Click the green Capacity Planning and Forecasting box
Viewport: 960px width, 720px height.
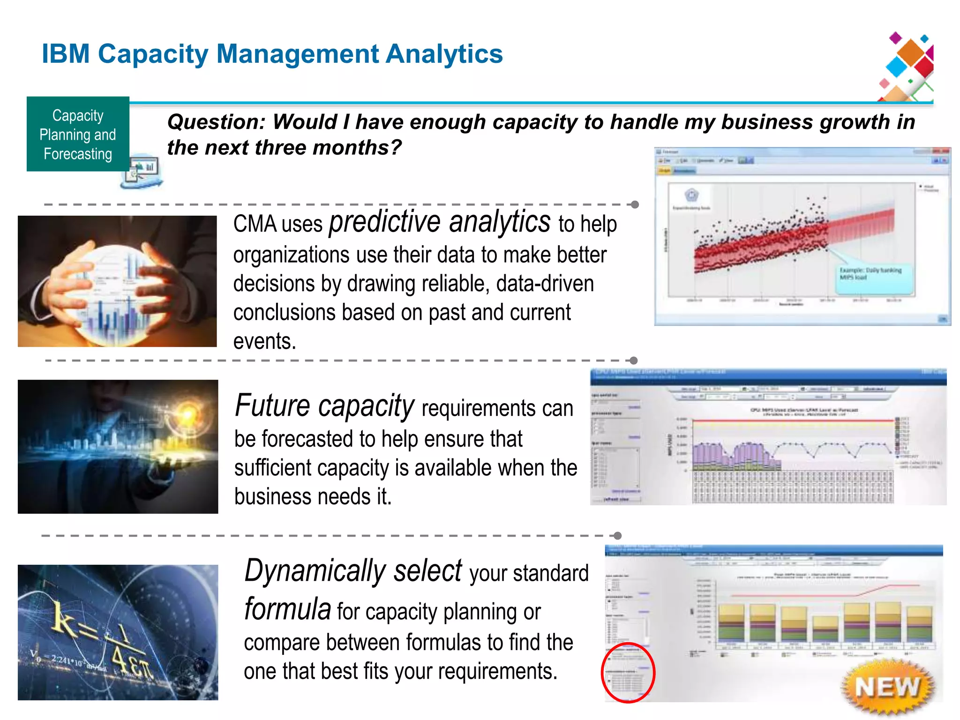[78, 134]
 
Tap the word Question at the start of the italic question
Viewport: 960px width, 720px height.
[216, 122]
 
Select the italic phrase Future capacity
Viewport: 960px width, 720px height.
[324, 405]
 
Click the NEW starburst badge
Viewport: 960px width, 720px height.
[887, 687]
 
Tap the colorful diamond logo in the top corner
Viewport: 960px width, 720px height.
[907, 66]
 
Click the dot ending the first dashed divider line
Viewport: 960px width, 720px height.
[635, 205]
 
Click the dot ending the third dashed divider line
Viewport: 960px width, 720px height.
[618, 536]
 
